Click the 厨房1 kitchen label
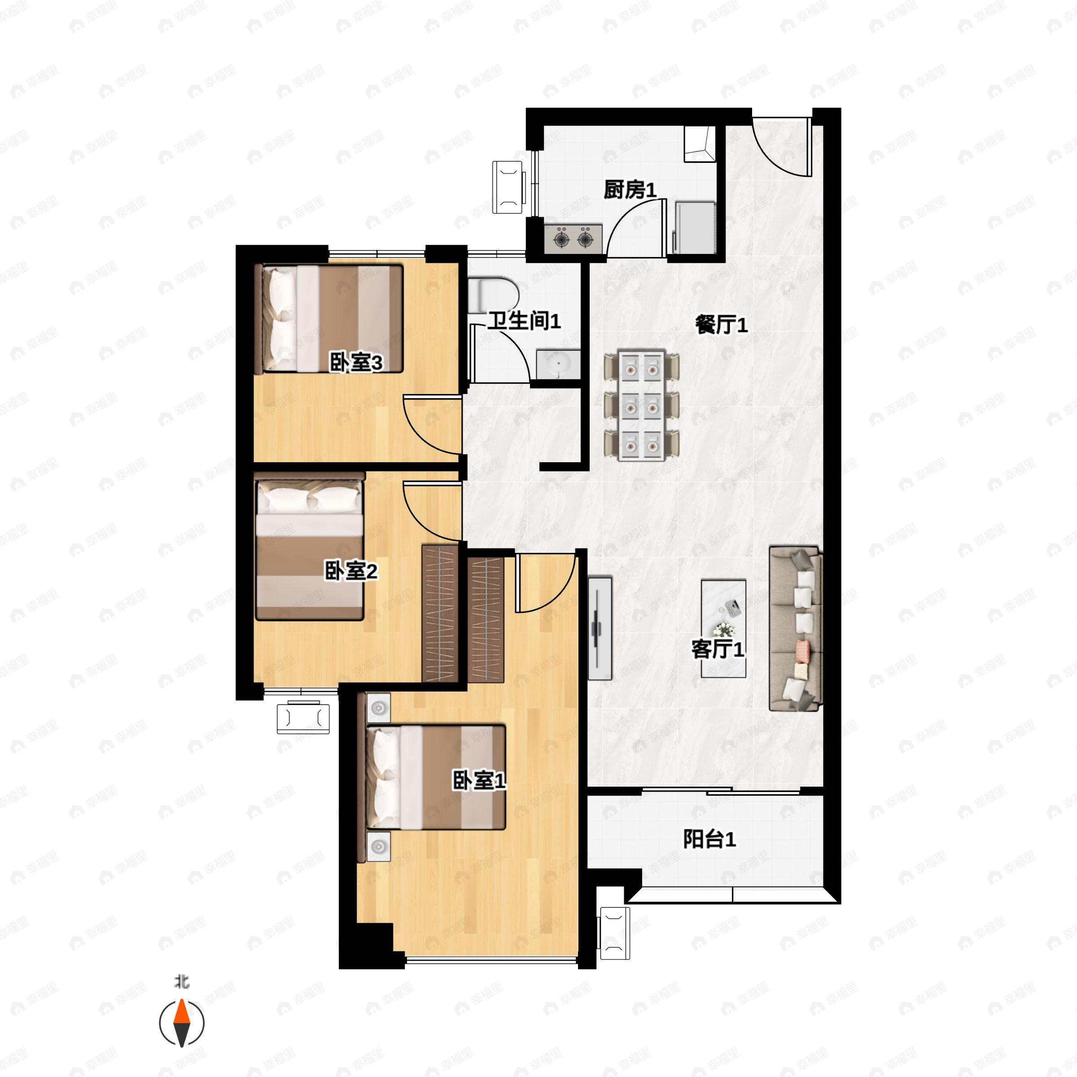click(x=630, y=190)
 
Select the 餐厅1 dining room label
click(x=721, y=324)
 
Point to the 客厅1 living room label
click(x=718, y=649)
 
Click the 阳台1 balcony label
click(x=709, y=839)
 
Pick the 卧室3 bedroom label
click(x=356, y=363)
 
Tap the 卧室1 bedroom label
click(x=479, y=780)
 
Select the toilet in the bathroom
click(x=493, y=294)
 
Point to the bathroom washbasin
click(x=558, y=364)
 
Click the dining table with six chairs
click(x=642, y=405)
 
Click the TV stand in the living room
click(x=600, y=628)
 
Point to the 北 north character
click(x=182, y=981)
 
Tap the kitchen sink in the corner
click(x=699, y=144)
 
